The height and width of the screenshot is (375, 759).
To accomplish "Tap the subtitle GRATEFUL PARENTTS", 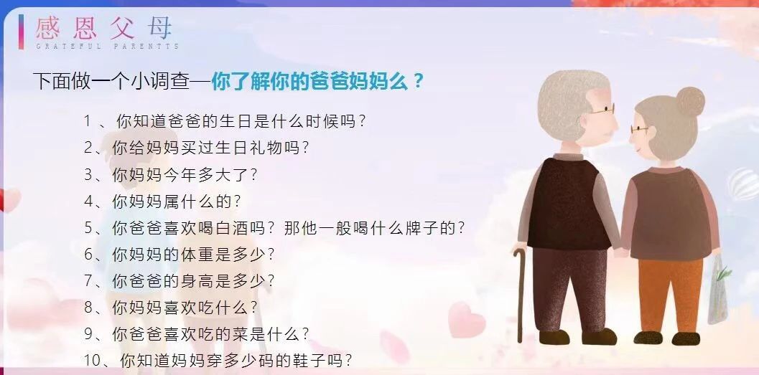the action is (108, 47).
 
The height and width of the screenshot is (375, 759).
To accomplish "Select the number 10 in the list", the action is (91, 360).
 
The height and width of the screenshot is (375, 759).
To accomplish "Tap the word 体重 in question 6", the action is (196, 255).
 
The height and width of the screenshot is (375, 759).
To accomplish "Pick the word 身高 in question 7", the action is (196, 281).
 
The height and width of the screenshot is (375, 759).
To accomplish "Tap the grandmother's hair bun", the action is (691, 101).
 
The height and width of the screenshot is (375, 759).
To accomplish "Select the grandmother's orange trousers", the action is (670, 295).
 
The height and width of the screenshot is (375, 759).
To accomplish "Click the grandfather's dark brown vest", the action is (568, 204).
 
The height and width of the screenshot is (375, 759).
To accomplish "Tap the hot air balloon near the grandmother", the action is (744, 183).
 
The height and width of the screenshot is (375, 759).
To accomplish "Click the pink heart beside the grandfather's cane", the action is (465, 319).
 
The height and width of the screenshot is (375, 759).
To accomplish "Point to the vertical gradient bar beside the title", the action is (21, 32).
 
